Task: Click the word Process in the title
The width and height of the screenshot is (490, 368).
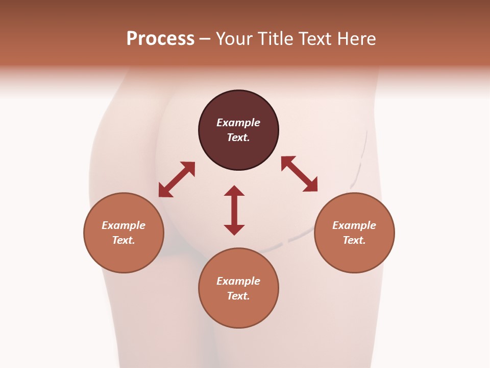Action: (160, 39)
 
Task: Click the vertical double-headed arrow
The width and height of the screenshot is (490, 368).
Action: (234, 210)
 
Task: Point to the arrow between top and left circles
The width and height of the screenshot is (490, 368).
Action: (177, 179)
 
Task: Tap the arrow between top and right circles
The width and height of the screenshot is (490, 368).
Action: (299, 174)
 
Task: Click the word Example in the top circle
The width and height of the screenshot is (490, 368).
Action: (238, 123)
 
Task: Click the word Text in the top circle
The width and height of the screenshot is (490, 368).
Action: (238, 137)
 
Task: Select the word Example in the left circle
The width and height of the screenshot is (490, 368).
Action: (124, 225)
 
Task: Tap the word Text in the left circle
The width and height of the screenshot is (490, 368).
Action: (124, 240)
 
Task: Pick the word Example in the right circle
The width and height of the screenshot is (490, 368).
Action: (354, 225)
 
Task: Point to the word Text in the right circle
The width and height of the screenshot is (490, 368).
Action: (354, 240)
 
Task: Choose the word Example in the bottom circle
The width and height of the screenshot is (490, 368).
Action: (238, 281)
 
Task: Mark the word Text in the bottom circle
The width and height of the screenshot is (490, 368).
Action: (238, 296)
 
